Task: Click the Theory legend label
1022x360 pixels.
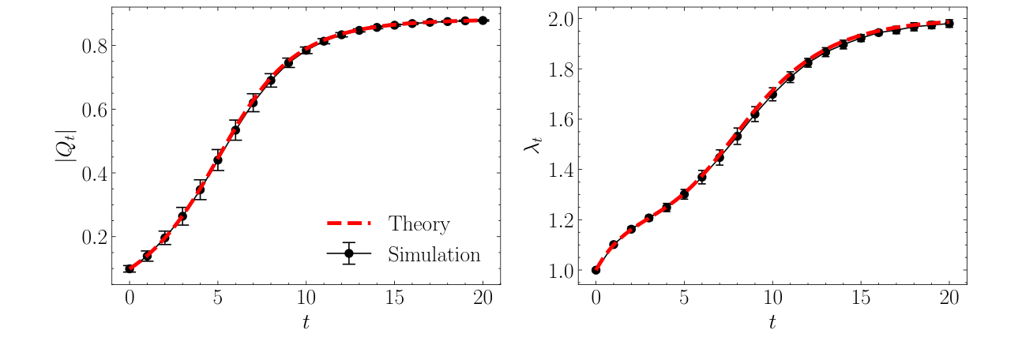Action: coord(419,224)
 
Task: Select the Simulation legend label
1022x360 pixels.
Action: coord(434,254)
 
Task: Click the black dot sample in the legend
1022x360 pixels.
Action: coord(349,253)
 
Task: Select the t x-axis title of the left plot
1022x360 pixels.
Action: coord(306,322)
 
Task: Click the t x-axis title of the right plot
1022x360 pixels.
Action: coord(772,322)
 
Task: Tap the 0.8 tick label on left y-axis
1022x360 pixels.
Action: coord(96,46)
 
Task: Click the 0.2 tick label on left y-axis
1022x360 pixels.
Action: coord(96,237)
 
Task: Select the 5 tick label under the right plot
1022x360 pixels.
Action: coord(684,297)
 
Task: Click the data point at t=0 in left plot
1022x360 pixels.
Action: coord(130,268)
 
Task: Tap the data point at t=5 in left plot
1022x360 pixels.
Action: coord(218,159)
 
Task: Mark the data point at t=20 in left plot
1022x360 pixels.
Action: coord(483,21)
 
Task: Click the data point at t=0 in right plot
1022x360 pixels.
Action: coord(596,270)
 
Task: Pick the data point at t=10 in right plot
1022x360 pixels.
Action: coord(772,95)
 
